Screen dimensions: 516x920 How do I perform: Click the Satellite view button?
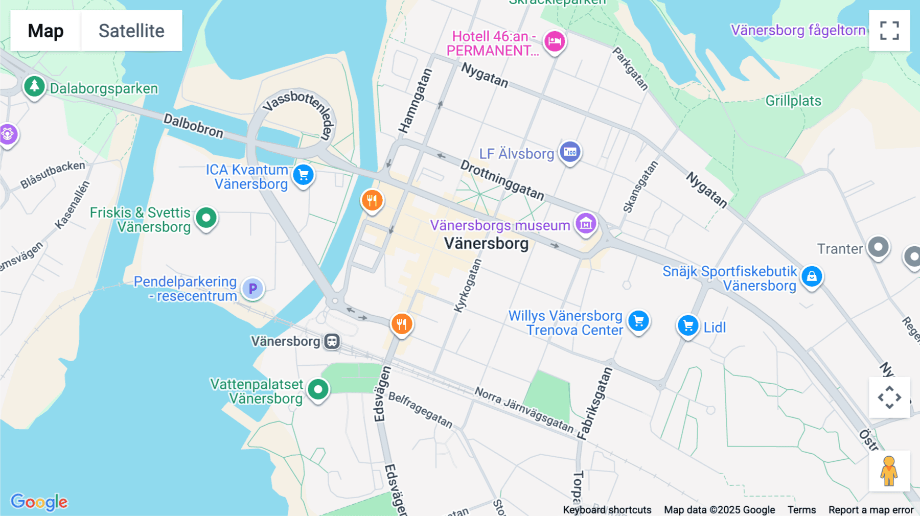[131, 31]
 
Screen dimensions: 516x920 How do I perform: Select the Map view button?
[45, 31]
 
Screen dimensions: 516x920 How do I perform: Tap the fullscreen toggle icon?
[889, 31]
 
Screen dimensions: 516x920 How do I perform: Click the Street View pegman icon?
[889, 471]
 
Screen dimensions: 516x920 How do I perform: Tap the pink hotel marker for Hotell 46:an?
[555, 41]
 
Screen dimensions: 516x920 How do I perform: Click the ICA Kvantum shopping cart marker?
[304, 175]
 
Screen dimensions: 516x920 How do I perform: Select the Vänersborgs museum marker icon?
[586, 223]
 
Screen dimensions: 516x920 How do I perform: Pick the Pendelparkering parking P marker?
[252, 289]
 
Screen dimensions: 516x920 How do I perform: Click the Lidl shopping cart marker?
[688, 325]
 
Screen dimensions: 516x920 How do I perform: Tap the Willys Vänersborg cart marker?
[638, 321]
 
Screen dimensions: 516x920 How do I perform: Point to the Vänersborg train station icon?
[332, 341]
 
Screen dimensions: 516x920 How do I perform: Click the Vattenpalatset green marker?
[318, 389]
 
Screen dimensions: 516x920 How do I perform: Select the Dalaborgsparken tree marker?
[34, 86]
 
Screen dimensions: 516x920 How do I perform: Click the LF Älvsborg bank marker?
[570, 152]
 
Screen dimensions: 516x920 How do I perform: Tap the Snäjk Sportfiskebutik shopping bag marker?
[812, 276]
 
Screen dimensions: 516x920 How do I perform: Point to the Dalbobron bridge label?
[193, 126]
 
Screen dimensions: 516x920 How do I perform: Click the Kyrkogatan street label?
[468, 286]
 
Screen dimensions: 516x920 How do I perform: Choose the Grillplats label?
[793, 101]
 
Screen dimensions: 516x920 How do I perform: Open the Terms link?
[801, 510]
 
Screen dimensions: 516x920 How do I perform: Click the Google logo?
[39, 502]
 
